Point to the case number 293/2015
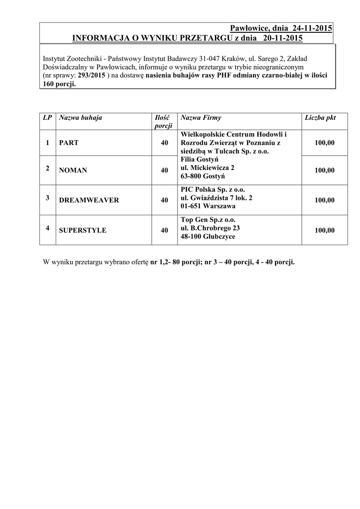(x=91, y=75)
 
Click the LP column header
(x=47, y=118)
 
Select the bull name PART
(x=69, y=143)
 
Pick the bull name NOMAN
(x=73, y=170)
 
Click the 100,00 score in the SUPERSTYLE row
(x=324, y=230)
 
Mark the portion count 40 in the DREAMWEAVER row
(x=164, y=200)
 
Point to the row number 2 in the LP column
(x=47, y=168)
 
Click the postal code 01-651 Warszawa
(x=208, y=206)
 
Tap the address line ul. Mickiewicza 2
(x=208, y=168)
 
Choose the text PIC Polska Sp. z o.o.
(x=213, y=189)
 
